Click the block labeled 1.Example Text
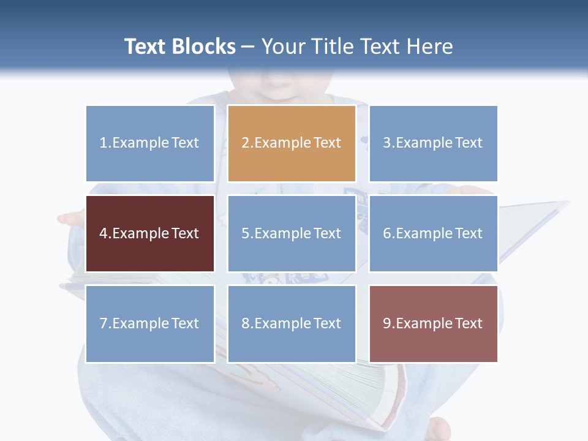pyautogui.click(x=150, y=143)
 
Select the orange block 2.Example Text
pyautogui.click(x=292, y=143)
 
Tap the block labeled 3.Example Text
pyautogui.click(x=433, y=143)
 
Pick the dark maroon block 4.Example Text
pyautogui.click(x=150, y=233)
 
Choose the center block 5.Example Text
pyautogui.click(x=292, y=233)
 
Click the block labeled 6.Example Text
pyautogui.click(x=433, y=233)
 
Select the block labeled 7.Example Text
pyautogui.click(x=150, y=323)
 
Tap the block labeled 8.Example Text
pyautogui.click(x=292, y=323)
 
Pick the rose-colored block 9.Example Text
pyautogui.click(x=433, y=323)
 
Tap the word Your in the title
pyautogui.click(x=282, y=47)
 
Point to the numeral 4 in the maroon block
pyautogui.click(x=103, y=233)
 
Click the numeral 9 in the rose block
pyautogui.click(x=386, y=323)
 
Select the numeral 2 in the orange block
pyautogui.click(x=245, y=143)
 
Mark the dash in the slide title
pyautogui.click(x=248, y=47)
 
